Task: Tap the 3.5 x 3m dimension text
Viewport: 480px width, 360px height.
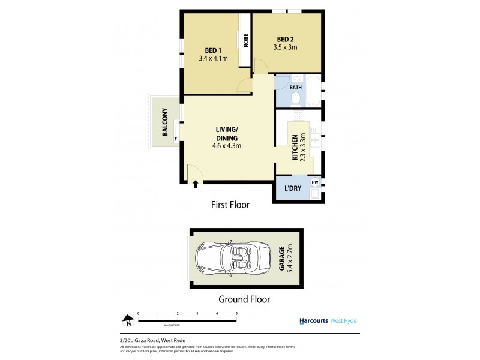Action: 285,47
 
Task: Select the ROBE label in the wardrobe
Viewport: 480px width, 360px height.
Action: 246,40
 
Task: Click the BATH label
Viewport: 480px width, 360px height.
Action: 296,88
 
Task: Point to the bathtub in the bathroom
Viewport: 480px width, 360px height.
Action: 313,91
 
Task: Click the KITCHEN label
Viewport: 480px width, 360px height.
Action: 295,148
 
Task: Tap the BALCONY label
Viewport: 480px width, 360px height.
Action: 163,122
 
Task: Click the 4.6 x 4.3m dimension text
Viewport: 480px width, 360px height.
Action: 227,146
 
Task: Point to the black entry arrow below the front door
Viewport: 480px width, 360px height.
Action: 196,184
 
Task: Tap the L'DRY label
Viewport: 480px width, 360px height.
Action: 292,189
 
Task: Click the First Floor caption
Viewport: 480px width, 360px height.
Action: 230,205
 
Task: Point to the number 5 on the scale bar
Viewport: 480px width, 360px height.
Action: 236,313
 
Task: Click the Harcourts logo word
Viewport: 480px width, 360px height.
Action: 313,320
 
